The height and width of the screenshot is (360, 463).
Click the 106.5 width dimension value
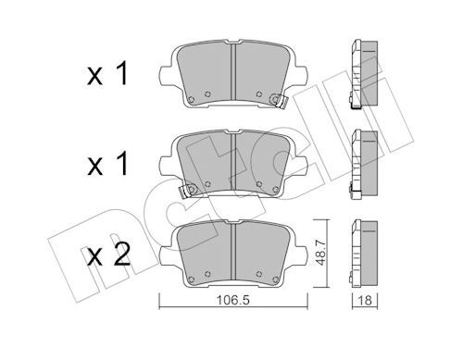point(232,300)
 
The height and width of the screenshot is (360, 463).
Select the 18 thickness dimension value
point(365,300)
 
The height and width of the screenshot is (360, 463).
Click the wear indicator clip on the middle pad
point(187,190)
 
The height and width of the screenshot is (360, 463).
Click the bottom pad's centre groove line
point(233,252)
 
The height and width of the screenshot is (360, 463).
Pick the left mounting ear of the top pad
point(165,76)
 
